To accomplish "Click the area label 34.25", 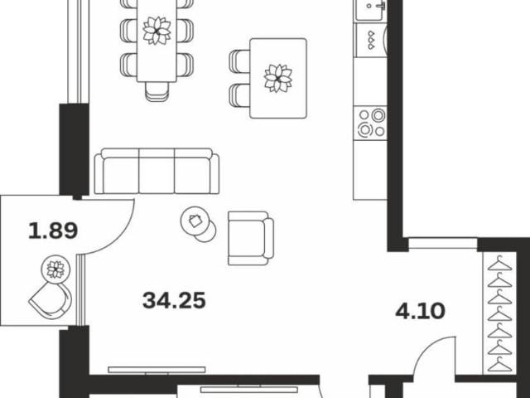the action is pos(174,300).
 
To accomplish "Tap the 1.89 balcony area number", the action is pos(53,231).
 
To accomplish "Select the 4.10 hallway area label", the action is pos(420,311).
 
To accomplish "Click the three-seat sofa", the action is pos(157,171).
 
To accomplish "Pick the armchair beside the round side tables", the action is pos(250,238).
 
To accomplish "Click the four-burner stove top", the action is pos(371,122).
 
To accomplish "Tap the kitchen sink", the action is pos(371,8).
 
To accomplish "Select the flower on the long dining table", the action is pos(157,31).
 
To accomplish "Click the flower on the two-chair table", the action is pos(278,78).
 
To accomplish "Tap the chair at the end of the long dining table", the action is pos(157,91).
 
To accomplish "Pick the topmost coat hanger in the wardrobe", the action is pos(499,264).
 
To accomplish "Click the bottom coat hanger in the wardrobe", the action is pos(499,364).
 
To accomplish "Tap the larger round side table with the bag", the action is pos(195,221).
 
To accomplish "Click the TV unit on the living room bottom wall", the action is pos(157,371).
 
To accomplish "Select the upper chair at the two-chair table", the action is pos(239,61).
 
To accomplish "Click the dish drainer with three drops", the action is pos(371,39).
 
